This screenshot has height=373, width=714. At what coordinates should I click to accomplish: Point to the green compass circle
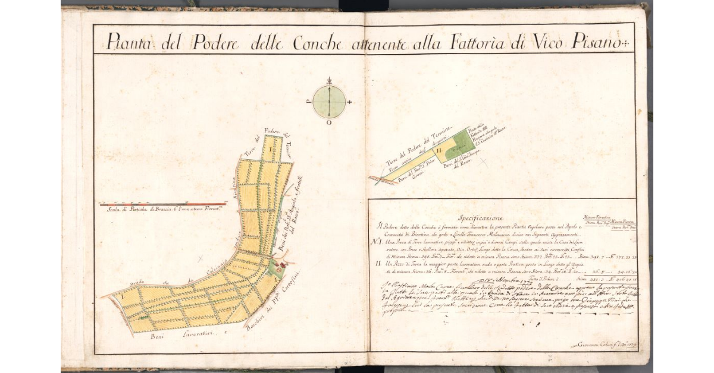328,102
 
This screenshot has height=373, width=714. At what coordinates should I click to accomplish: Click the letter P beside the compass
308,102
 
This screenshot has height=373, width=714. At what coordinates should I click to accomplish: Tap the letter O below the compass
328,123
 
